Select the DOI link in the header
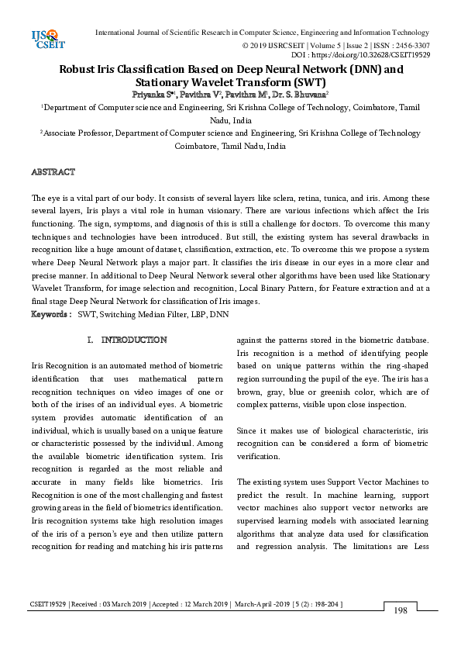(372, 56)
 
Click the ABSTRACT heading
(53, 171)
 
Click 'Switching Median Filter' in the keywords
(139, 315)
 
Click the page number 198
(401, 611)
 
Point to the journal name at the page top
(261, 33)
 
